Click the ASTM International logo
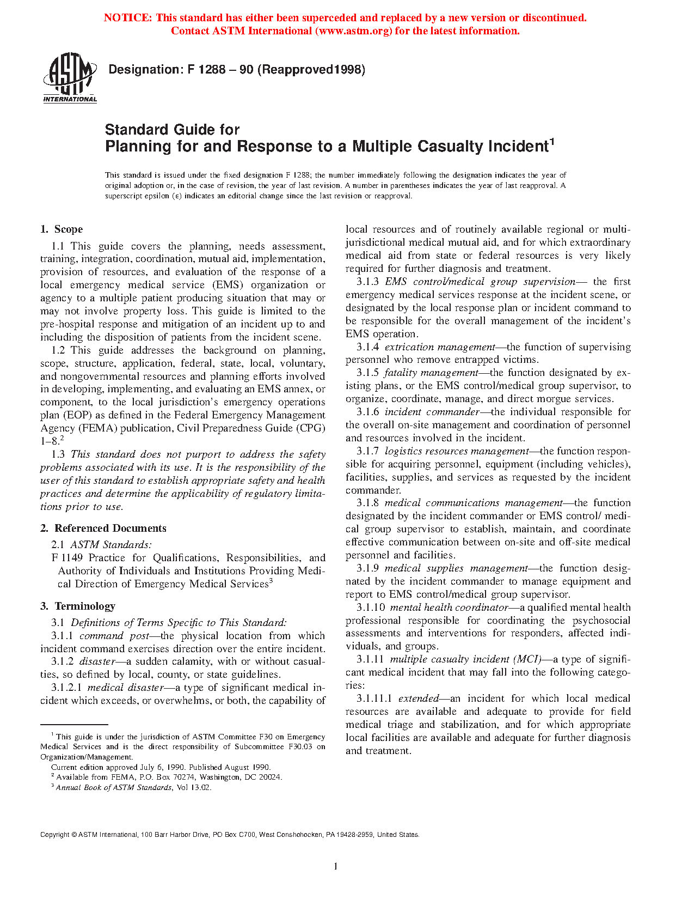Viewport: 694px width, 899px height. (x=70, y=77)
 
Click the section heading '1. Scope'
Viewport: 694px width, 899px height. (x=62, y=229)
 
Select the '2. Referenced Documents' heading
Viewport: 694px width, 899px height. (x=103, y=529)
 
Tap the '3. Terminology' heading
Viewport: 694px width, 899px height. (x=78, y=606)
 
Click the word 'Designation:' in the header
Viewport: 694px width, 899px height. (x=144, y=70)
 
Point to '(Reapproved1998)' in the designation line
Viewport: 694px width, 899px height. (x=311, y=70)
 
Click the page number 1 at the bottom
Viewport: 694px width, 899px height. (x=335, y=866)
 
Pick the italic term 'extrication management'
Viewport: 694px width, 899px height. (x=440, y=347)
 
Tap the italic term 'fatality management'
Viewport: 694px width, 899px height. (x=431, y=373)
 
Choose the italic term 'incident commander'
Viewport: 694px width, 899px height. (x=432, y=412)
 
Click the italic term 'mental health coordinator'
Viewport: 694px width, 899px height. (x=449, y=608)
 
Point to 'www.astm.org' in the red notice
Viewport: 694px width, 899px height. (x=353, y=31)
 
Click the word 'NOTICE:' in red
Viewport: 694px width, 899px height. (x=128, y=18)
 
